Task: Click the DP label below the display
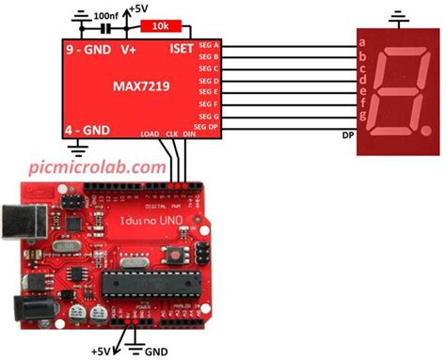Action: pos(347,134)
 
